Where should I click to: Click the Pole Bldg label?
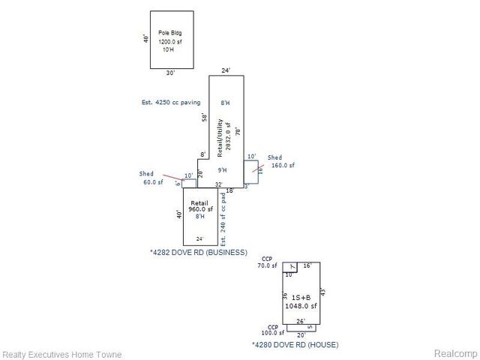(170, 33)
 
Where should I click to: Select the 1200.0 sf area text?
(170, 42)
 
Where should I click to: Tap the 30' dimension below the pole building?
(171, 73)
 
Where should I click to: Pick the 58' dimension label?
(204, 117)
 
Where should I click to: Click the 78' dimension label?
(238, 130)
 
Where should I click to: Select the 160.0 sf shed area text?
(283, 165)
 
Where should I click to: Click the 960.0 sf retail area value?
(199, 210)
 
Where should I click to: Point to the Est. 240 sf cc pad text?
(223, 217)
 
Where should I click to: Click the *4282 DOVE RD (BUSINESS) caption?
(198, 253)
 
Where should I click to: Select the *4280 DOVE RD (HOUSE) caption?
(295, 345)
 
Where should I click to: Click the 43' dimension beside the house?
(323, 291)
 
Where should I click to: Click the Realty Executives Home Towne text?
(62, 354)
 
